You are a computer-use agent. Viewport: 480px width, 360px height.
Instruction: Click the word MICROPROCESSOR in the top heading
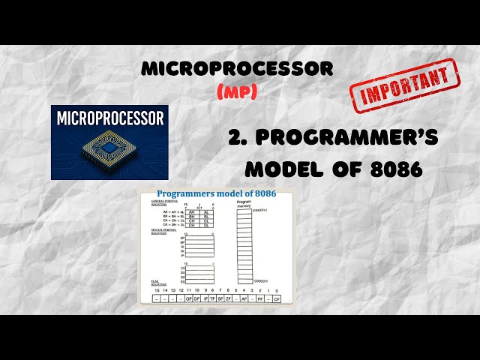pyautogui.click(x=237, y=68)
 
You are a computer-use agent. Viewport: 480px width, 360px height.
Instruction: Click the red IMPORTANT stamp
pyautogui.click(x=405, y=85)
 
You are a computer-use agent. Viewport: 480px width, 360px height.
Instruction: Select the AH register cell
pyautogui.click(x=192, y=212)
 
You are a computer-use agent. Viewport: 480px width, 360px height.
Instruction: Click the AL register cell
pyautogui.click(x=206, y=212)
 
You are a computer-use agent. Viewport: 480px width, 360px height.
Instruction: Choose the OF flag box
pyautogui.click(x=189, y=298)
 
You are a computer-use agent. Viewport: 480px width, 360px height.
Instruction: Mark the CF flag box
pyautogui.click(x=277, y=298)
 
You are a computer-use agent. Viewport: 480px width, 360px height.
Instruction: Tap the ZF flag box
pyautogui.click(x=228, y=298)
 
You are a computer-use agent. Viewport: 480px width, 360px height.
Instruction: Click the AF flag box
pyautogui.click(x=244, y=298)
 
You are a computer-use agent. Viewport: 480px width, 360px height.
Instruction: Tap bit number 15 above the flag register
pyautogui.click(x=157, y=289)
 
